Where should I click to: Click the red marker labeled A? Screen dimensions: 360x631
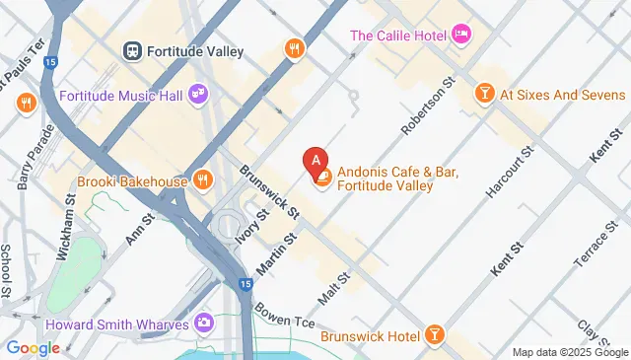tap(315, 158)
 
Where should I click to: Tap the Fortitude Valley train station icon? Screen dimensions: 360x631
tap(131, 49)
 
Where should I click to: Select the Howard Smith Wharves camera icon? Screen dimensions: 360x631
tap(204, 322)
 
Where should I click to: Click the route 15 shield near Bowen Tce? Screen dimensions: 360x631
tap(245, 284)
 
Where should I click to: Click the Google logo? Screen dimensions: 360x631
tap(33, 347)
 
